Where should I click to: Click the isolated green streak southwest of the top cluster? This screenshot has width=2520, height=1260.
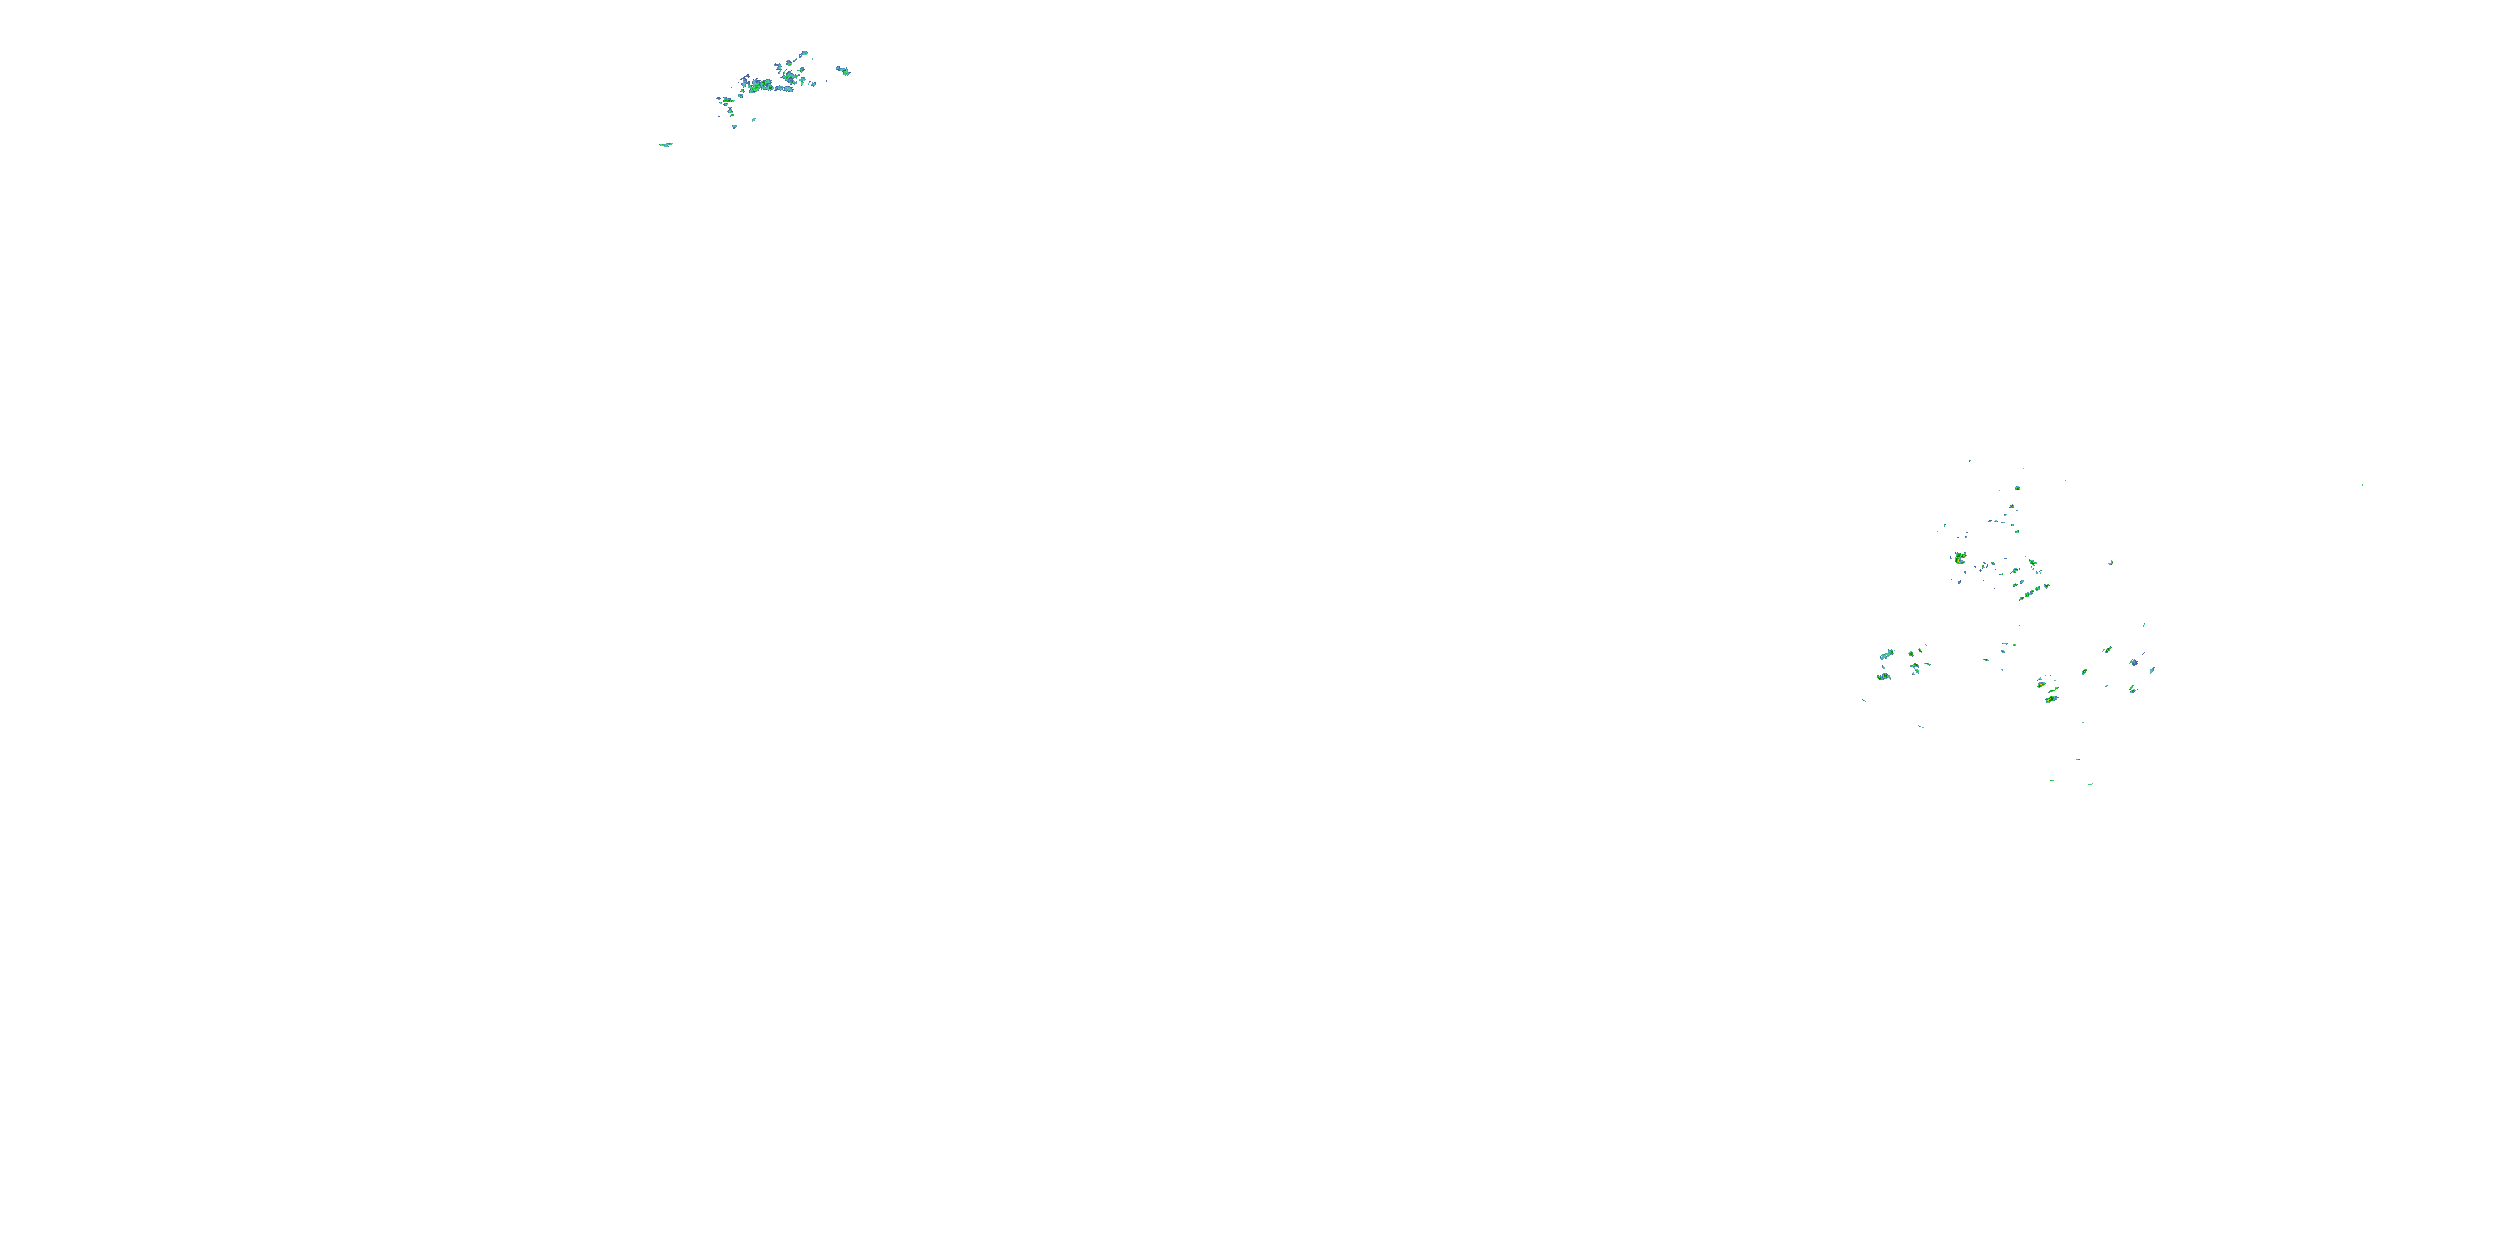point(666,144)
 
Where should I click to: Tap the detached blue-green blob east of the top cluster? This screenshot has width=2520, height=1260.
point(843,71)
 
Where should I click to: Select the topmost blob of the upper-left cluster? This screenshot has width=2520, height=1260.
point(804,54)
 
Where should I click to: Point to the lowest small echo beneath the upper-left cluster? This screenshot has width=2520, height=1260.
point(733,126)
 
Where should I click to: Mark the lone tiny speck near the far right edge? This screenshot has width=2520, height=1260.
point(2362,484)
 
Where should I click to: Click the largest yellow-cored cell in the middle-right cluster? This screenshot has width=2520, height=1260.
point(1960,559)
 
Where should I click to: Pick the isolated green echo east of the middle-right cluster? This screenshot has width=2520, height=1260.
point(2110,563)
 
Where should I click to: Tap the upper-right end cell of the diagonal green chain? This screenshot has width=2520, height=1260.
point(2045,585)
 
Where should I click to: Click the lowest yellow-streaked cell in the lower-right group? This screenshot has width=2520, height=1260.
point(2051,697)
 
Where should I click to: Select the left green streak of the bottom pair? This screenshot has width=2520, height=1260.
point(2053,780)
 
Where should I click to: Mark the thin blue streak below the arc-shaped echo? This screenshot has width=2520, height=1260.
point(1921,727)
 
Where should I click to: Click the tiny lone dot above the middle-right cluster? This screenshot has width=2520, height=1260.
point(1969,461)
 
